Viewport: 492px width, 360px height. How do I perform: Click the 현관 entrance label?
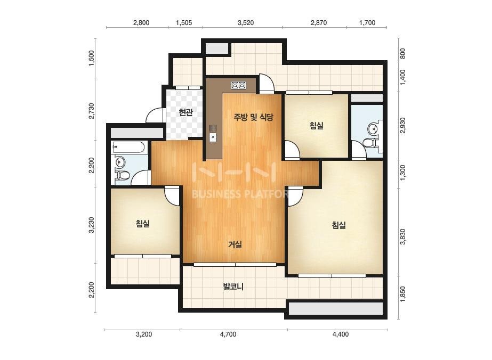185,112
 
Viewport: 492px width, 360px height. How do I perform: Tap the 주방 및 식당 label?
253,117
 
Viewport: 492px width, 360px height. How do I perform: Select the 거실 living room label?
235,244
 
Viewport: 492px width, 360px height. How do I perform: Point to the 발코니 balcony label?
233,287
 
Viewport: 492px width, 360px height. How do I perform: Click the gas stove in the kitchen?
238,85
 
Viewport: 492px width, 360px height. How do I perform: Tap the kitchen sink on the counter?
213,133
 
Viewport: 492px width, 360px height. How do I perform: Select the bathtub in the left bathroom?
128,148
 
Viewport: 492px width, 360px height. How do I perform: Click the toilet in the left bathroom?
122,175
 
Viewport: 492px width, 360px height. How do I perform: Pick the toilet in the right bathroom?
370,143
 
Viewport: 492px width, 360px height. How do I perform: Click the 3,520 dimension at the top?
246,22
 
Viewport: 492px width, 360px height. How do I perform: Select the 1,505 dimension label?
184,22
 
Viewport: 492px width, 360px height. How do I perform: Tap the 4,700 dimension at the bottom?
228,334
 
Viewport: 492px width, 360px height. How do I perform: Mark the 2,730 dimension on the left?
91,111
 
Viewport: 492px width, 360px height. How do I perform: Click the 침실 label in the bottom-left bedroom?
143,224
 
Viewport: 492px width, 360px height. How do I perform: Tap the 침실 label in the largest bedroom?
339,225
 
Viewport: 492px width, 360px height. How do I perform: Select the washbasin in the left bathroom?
120,162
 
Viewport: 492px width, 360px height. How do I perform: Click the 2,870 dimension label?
319,22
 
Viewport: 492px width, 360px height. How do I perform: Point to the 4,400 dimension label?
341,334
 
